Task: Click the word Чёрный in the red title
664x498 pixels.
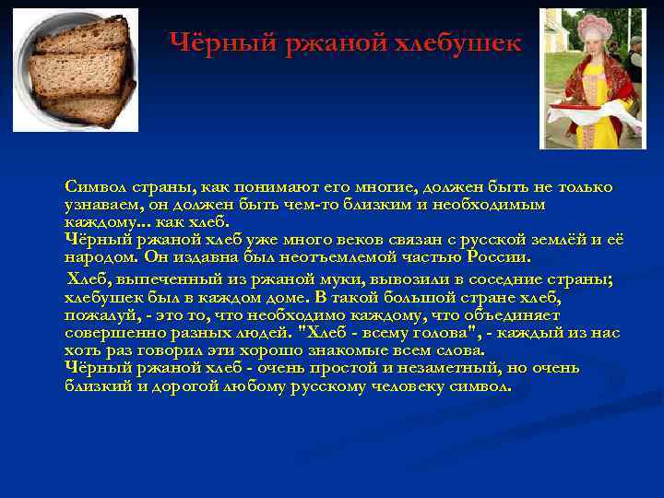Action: point(210,43)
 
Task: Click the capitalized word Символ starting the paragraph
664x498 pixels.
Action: point(98,187)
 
